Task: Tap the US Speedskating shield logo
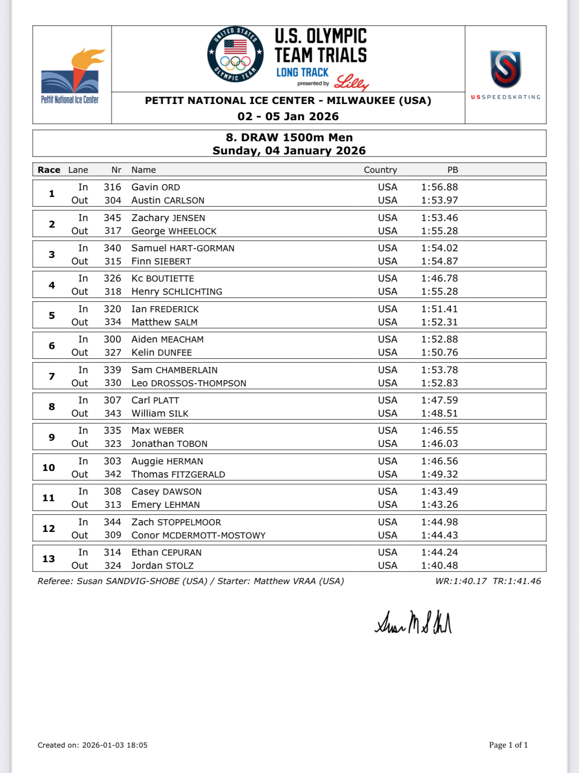click(505, 69)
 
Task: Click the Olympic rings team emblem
click(236, 54)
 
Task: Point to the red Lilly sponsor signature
click(351, 82)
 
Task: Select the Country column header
click(380, 170)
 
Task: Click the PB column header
click(452, 170)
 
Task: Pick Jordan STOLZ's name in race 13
click(162, 566)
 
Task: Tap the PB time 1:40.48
click(439, 566)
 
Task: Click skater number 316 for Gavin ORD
click(112, 187)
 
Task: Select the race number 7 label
click(52, 376)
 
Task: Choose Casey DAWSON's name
click(166, 492)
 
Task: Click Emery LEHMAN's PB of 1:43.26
click(439, 505)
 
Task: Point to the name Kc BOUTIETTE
click(162, 278)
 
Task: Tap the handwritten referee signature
click(413, 623)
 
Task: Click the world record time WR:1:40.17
click(461, 581)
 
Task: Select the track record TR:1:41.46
click(517, 581)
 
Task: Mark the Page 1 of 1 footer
click(508, 745)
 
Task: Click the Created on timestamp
click(93, 745)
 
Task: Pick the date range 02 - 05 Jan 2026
click(288, 116)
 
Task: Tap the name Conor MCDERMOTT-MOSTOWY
click(198, 535)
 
